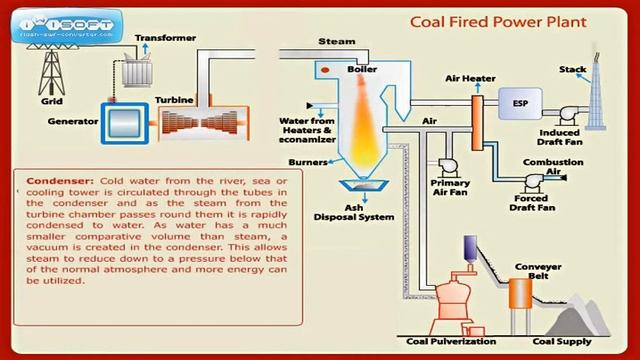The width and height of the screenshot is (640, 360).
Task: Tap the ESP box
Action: pyautogui.click(x=521, y=102)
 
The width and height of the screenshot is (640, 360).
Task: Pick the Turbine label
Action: pyautogui.click(x=175, y=100)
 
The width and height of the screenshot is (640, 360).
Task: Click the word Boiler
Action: pyautogui.click(x=361, y=69)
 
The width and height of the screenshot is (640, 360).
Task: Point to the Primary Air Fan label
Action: pyautogui.click(x=450, y=189)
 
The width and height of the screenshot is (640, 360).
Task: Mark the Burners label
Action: pyautogui.click(x=307, y=160)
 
